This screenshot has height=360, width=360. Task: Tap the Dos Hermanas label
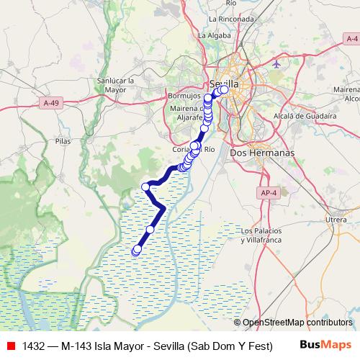click(252, 153)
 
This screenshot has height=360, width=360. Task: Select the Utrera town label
click(336, 218)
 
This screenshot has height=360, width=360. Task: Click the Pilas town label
click(63, 142)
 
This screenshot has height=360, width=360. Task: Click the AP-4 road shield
click(267, 193)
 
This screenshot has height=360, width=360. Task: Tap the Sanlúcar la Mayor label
click(116, 86)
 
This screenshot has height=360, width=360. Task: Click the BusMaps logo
click(325, 345)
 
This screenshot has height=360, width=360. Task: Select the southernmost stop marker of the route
click(136, 251)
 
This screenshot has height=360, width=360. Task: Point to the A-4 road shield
click(351, 38)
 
